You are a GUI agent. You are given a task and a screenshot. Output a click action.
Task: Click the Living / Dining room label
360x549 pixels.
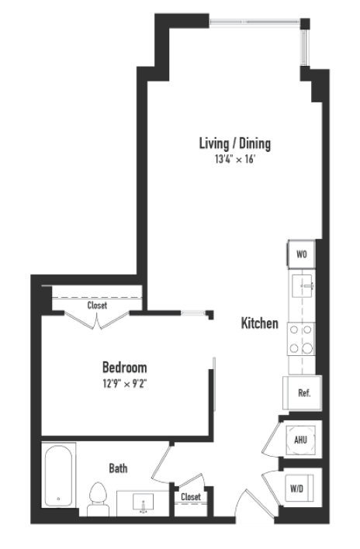tap(234, 143)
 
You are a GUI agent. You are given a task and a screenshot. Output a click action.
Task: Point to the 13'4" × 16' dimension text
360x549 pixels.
tap(234, 160)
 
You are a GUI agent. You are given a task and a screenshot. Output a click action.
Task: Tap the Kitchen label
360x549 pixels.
tap(259, 323)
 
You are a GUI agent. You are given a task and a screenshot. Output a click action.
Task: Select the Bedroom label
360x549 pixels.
tap(124, 367)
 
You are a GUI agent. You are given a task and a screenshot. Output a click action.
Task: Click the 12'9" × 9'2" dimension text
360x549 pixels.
tap(124, 383)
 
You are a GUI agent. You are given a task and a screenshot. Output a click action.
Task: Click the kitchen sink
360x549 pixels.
tap(301, 288)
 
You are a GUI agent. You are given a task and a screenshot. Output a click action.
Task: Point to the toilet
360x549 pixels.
tap(98, 499)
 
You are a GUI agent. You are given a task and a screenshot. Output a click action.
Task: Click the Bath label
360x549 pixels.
tap(118, 468)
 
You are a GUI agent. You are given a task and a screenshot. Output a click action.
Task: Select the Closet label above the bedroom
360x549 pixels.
tap(97, 306)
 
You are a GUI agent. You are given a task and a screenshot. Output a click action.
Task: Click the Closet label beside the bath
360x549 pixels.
tap(191, 497)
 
